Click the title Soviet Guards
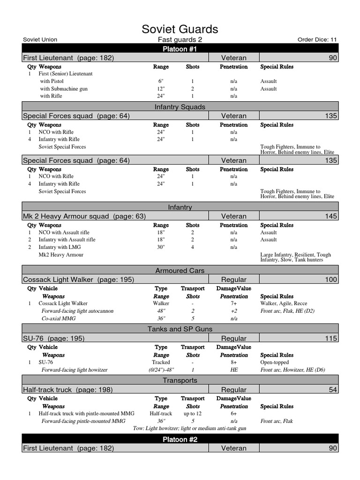(x=180, y=29)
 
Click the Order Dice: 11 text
(x=317, y=40)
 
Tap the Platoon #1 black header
(x=180, y=49)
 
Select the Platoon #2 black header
(x=180, y=439)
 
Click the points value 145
(x=330, y=216)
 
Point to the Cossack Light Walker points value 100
(x=330, y=279)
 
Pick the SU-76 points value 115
(x=330, y=338)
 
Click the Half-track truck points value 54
(x=332, y=390)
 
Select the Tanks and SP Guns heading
(x=180, y=329)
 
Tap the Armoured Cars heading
(x=180, y=270)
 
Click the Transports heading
(x=180, y=381)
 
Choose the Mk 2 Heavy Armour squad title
(x=84, y=216)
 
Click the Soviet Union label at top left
(x=40, y=40)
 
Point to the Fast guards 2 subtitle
(x=177, y=40)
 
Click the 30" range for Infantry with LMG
(x=161, y=247)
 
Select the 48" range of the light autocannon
(x=161, y=311)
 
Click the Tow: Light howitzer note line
(x=189, y=428)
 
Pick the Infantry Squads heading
(x=180, y=107)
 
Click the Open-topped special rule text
(x=275, y=362)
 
